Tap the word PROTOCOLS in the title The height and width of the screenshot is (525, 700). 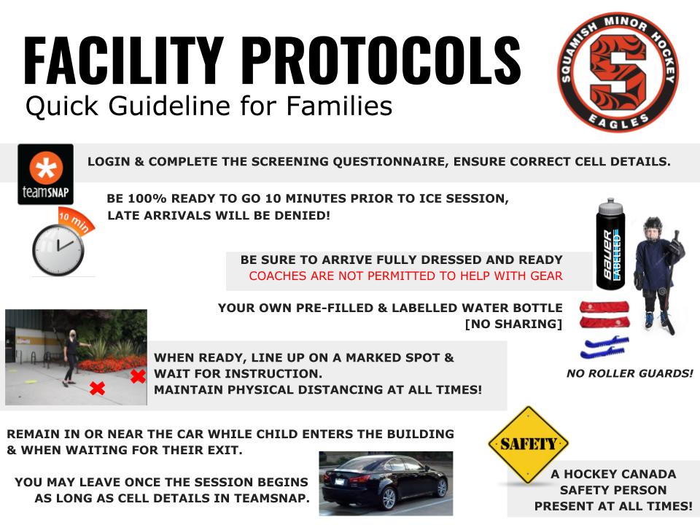click(384, 61)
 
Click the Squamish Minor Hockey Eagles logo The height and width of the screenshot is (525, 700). click(618, 72)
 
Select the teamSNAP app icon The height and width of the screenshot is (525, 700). click(45, 174)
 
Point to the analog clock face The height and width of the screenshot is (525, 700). click(58, 250)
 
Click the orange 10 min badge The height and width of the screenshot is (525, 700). click(77, 220)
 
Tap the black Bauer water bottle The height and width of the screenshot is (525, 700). click(611, 244)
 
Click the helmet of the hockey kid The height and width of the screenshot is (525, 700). click(653, 228)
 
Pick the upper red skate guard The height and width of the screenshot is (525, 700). click(604, 307)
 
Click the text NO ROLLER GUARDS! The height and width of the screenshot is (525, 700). click(630, 373)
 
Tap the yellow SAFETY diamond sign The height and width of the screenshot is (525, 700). click(529, 445)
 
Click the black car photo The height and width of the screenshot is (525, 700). click(386, 483)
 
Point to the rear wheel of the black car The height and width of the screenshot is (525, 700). click(389, 499)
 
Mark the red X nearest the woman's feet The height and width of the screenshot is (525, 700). click(97, 388)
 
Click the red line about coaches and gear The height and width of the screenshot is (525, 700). click(406, 276)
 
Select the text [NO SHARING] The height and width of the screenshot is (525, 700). click(513, 324)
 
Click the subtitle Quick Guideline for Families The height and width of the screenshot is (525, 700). click(209, 106)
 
